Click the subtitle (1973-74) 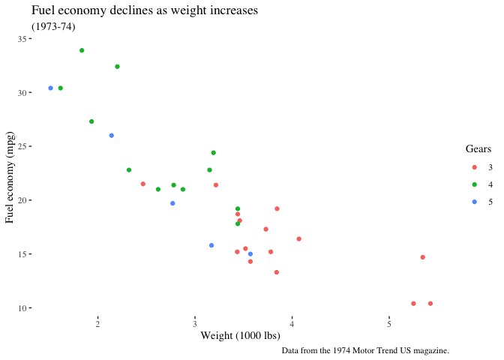pos(53,27)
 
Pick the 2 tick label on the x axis pos(97,322)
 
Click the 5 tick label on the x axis pos(389,322)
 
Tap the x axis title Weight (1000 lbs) pos(240,335)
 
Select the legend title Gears pos(478,149)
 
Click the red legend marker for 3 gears pos(474,166)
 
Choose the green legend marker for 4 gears pos(474,184)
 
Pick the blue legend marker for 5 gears pos(474,202)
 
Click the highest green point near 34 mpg pos(82,50)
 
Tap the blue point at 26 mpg pos(112,136)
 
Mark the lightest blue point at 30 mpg pos(51,88)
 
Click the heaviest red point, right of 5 pos(430,304)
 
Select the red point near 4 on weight pos(298,239)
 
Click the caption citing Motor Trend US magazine pos(365,350)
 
